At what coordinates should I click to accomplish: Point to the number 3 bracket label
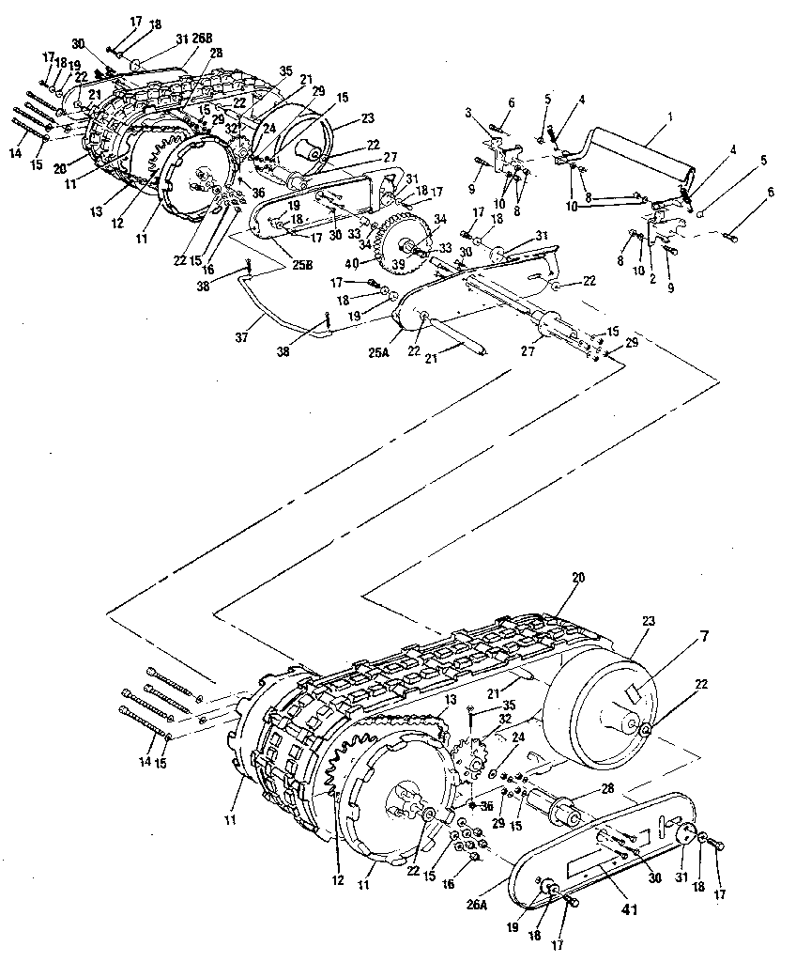[x=468, y=113]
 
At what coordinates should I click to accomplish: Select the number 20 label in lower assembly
[x=577, y=578]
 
